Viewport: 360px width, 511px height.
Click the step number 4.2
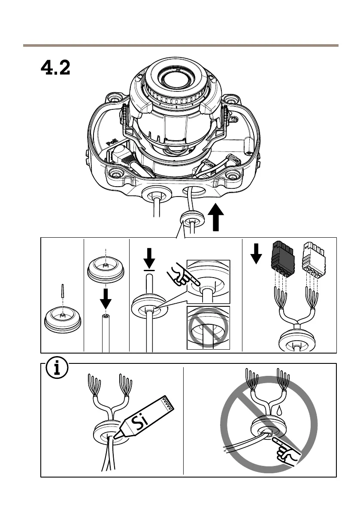[55, 68]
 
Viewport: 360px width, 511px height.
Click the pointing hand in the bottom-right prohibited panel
[288, 452]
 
